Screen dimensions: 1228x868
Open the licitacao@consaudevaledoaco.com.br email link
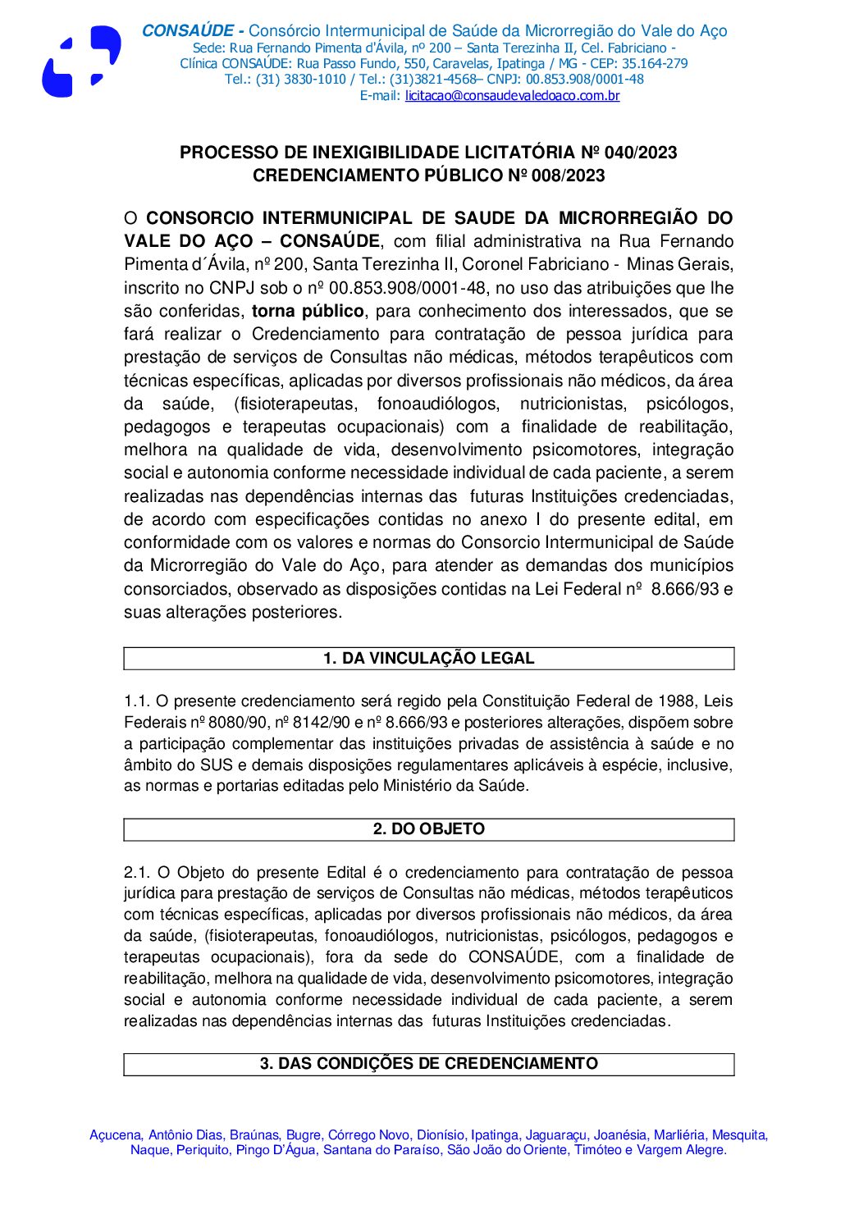tap(512, 96)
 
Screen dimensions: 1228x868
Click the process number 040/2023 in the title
tap(640, 153)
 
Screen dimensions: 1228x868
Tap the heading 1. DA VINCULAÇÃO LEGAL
tap(428, 659)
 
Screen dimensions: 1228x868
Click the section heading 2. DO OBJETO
tap(428, 829)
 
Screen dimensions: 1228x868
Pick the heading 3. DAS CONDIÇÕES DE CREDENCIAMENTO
tap(428, 1064)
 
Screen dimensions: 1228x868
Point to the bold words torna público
tap(308, 312)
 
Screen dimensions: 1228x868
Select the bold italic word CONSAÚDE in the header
tap(188, 31)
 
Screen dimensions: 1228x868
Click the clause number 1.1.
tap(136, 701)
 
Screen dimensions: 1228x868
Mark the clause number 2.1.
tap(136, 873)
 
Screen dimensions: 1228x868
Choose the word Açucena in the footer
tap(115, 1135)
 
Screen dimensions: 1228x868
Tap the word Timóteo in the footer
tap(597, 1150)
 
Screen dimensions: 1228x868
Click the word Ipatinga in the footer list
tap(494, 1135)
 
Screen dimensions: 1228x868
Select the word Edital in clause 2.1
tap(346, 873)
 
